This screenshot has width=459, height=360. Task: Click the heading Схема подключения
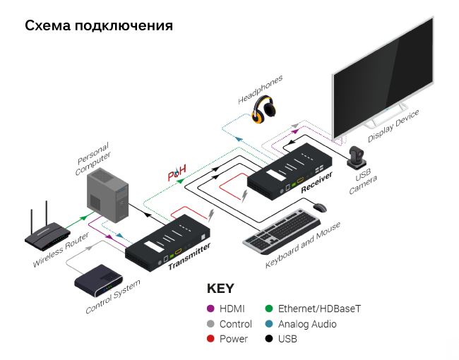point(99,27)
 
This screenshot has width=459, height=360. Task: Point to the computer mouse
point(319,208)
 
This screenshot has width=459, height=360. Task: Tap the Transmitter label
point(189,257)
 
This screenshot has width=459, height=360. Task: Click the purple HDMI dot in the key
point(210,308)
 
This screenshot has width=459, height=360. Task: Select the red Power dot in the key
point(210,339)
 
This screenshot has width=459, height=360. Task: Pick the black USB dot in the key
point(269,339)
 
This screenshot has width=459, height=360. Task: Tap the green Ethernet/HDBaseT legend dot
point(269,308)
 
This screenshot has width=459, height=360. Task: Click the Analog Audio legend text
point(307,324)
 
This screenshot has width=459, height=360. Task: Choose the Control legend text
point(235,324)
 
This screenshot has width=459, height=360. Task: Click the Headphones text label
point(260,89)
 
